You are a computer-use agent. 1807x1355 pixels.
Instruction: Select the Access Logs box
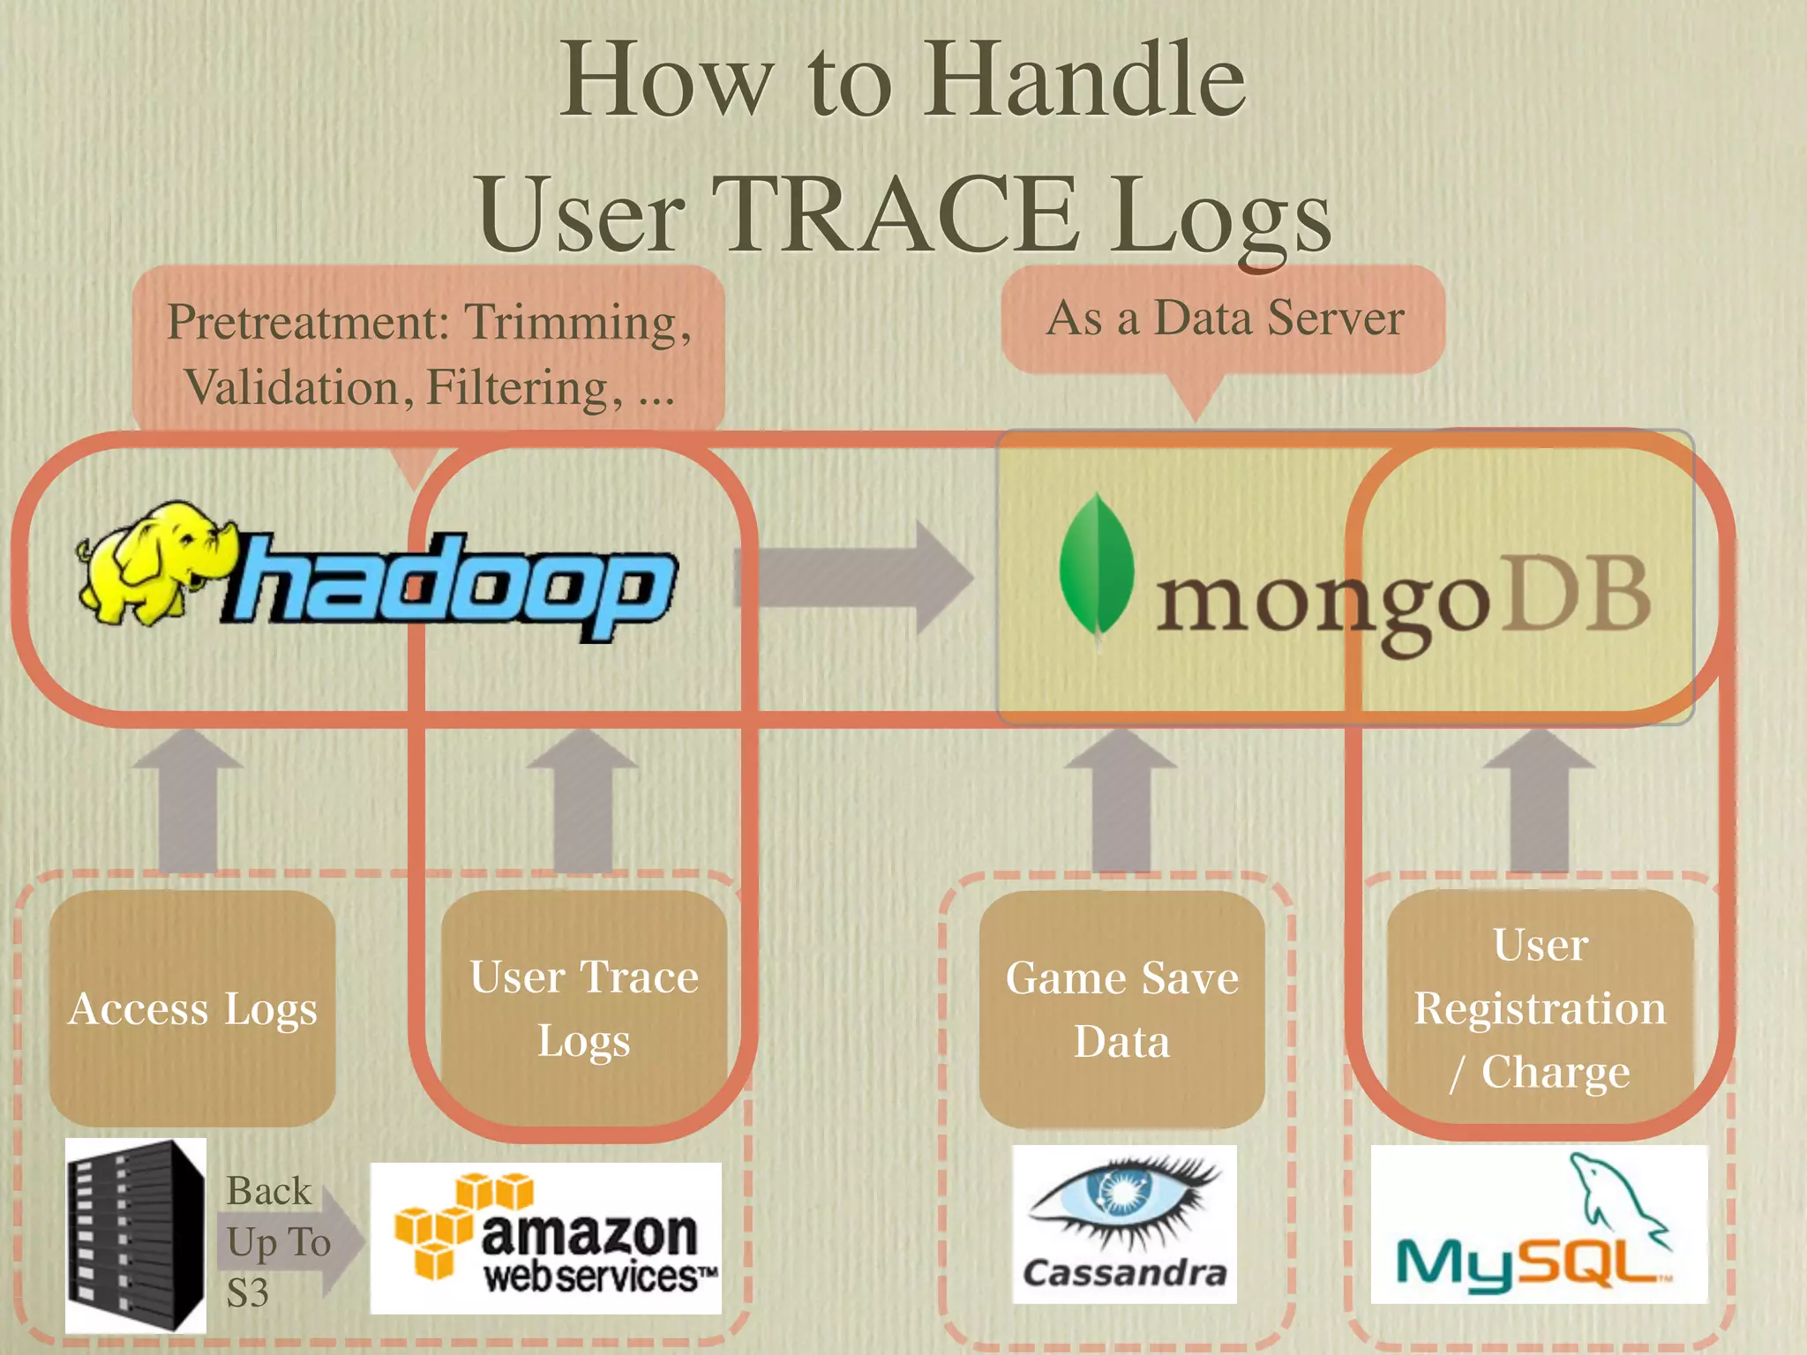tap(192, 1007)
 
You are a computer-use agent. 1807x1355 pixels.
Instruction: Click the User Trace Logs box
tap(584, 1007)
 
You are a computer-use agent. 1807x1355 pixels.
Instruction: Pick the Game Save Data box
tap(1121, 1008)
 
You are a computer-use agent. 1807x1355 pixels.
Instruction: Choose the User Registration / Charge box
tap(1540, 1007)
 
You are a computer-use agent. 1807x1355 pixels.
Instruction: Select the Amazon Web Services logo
tap(545, 1239)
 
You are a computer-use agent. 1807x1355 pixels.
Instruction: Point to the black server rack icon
tap(135, 1235)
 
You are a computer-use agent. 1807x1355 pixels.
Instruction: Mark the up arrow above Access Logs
tap(187, 798)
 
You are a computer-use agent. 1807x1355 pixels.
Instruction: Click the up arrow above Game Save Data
tap(1121, 798)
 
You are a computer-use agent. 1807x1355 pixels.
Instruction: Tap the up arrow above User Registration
tap(1539, 798)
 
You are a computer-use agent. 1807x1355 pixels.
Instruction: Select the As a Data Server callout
tap(1224, 319)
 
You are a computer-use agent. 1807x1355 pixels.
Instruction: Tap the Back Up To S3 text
tap(275, 1241)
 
